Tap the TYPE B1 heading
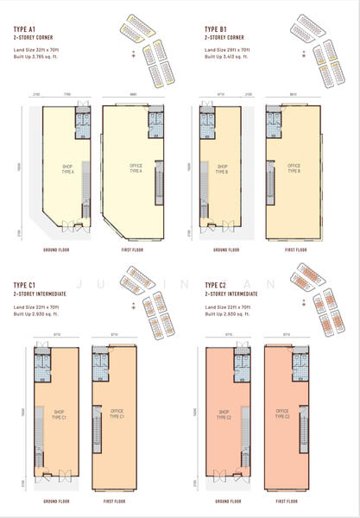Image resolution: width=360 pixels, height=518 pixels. [217, 30]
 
